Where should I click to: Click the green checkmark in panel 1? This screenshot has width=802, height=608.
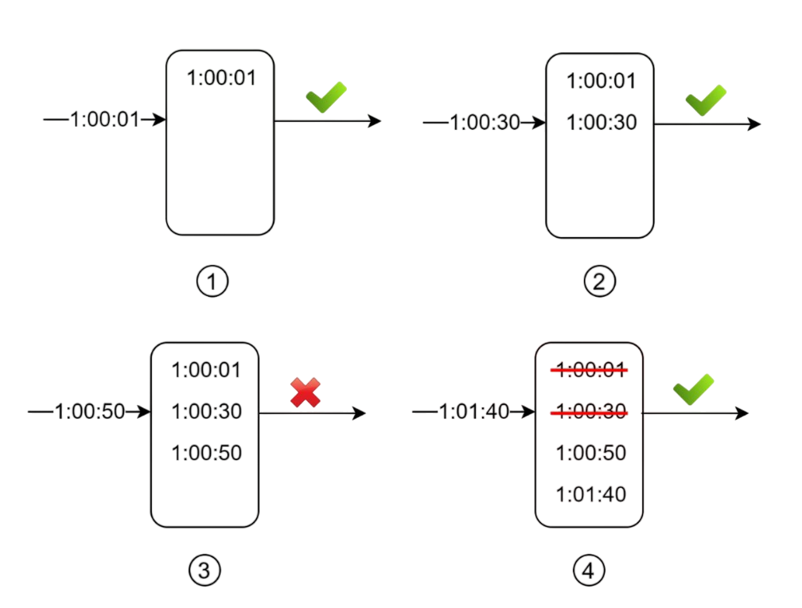pyautogui.click(x=326, y=97)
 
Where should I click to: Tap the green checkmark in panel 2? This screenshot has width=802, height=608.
pyautogui.click(x=706, y=99)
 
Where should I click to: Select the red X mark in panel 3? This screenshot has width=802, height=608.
pyautogui.click(x=305, y=392)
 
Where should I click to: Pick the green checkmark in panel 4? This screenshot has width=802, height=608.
pyautogui.click(x=693, y=389)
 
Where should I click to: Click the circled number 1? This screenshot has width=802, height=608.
pyautogui.click(x=212, y=282)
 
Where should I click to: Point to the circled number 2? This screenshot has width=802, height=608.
pyautogui.click(x=599, y=281)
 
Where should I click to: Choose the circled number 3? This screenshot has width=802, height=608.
pyautogui.click(x=204, y=570)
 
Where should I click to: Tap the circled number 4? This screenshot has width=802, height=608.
pyautogui.click(x=589, y=570)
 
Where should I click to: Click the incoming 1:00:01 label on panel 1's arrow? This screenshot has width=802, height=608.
pyautogui.click(x=104, y=120)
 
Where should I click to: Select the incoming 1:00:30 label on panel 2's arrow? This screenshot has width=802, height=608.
pyautogui.click(x=485, y=123)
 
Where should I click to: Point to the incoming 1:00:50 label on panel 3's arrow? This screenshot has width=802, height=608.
pyautogui.click(x=90, y=411)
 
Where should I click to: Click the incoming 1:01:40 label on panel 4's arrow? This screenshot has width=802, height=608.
pyautogui.click(x=474, y=411)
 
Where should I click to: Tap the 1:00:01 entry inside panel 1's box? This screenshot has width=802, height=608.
pyautogui.click(x=221, y=78)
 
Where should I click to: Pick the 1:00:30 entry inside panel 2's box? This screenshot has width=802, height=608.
pyautogui.click(x=601, y=123)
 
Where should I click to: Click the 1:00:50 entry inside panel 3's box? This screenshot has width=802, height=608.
pyautogui.click(x=206, y=453)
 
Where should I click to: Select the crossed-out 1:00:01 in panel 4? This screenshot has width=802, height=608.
pyautogui.click(x=590, y=370)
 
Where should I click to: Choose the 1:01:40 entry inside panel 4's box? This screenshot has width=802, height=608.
pyautogui.click(x=590, y=494)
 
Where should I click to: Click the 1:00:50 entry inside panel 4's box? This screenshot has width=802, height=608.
pyautogui.click(x=590, y=453)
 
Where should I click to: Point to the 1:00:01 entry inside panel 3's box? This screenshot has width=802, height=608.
pyautogui.click(x=206, y=370)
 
